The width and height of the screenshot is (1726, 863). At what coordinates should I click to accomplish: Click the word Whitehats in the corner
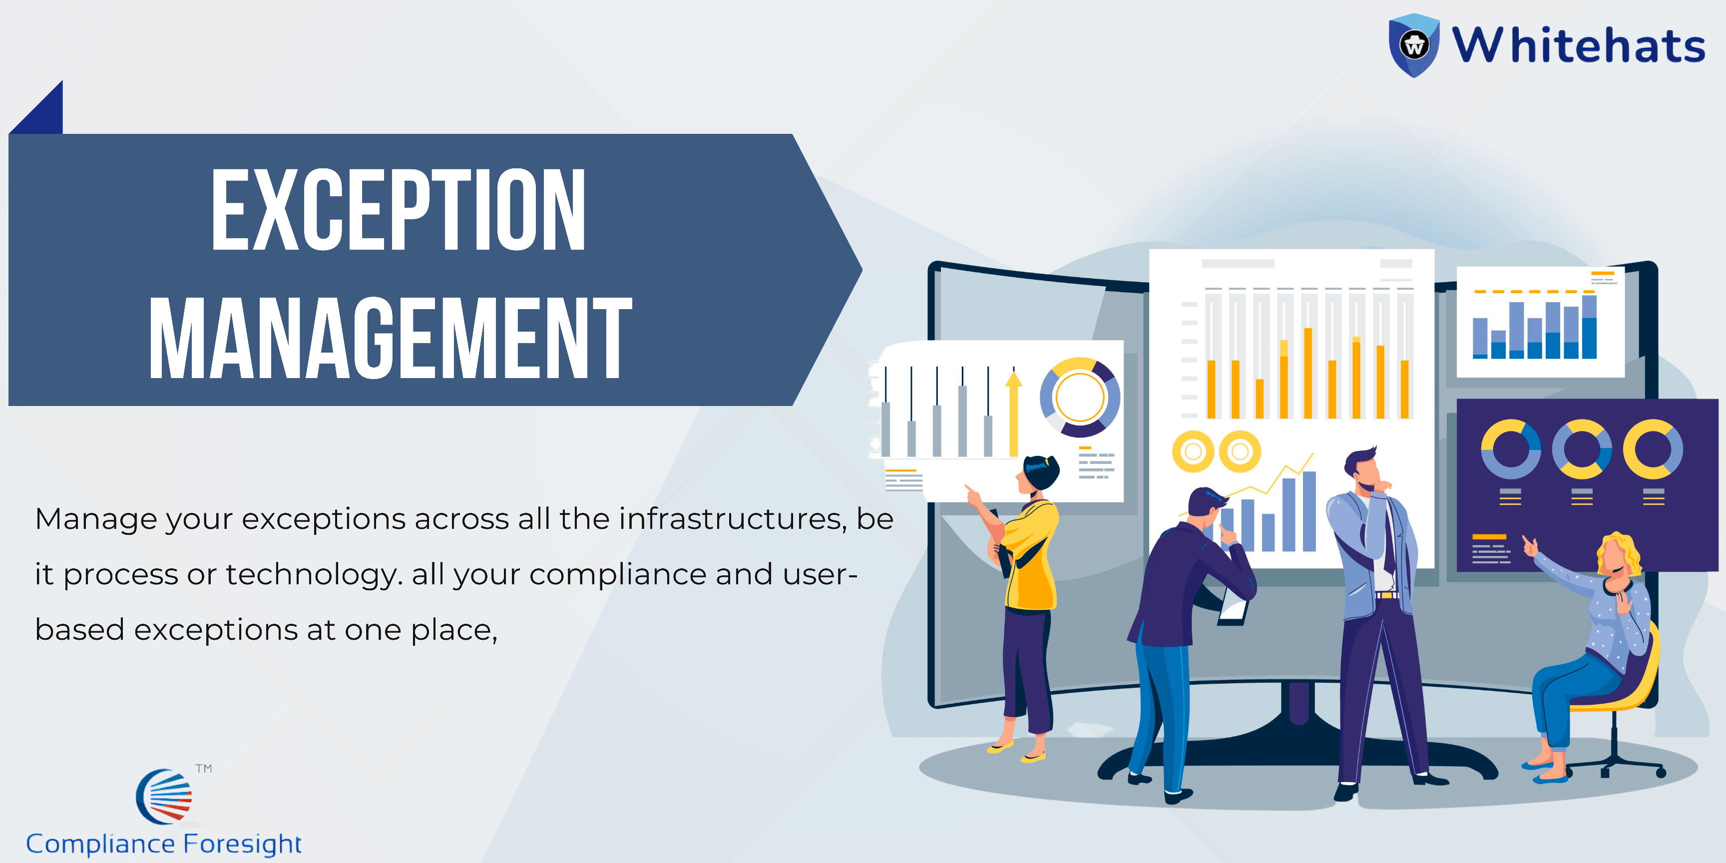click(x=1578, y=45)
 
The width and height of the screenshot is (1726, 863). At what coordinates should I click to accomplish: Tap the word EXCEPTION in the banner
click(x=399, y=210)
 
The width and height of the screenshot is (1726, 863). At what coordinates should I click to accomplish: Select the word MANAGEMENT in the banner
click(x=391, y=338)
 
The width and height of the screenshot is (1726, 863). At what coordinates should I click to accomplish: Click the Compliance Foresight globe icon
click(x=165, y=797)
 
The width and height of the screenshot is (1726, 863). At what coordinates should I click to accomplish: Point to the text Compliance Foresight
click(x=163, y=844)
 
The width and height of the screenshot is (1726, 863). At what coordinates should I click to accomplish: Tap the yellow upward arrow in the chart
click(x=1014, y=414)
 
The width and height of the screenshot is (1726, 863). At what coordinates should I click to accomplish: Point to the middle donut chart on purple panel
click(x=1582, y=449)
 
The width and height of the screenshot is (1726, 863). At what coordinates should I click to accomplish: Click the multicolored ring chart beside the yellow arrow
click(x=1079, y=398)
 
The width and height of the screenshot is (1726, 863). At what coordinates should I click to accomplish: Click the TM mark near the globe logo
click(x=204, y=769)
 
